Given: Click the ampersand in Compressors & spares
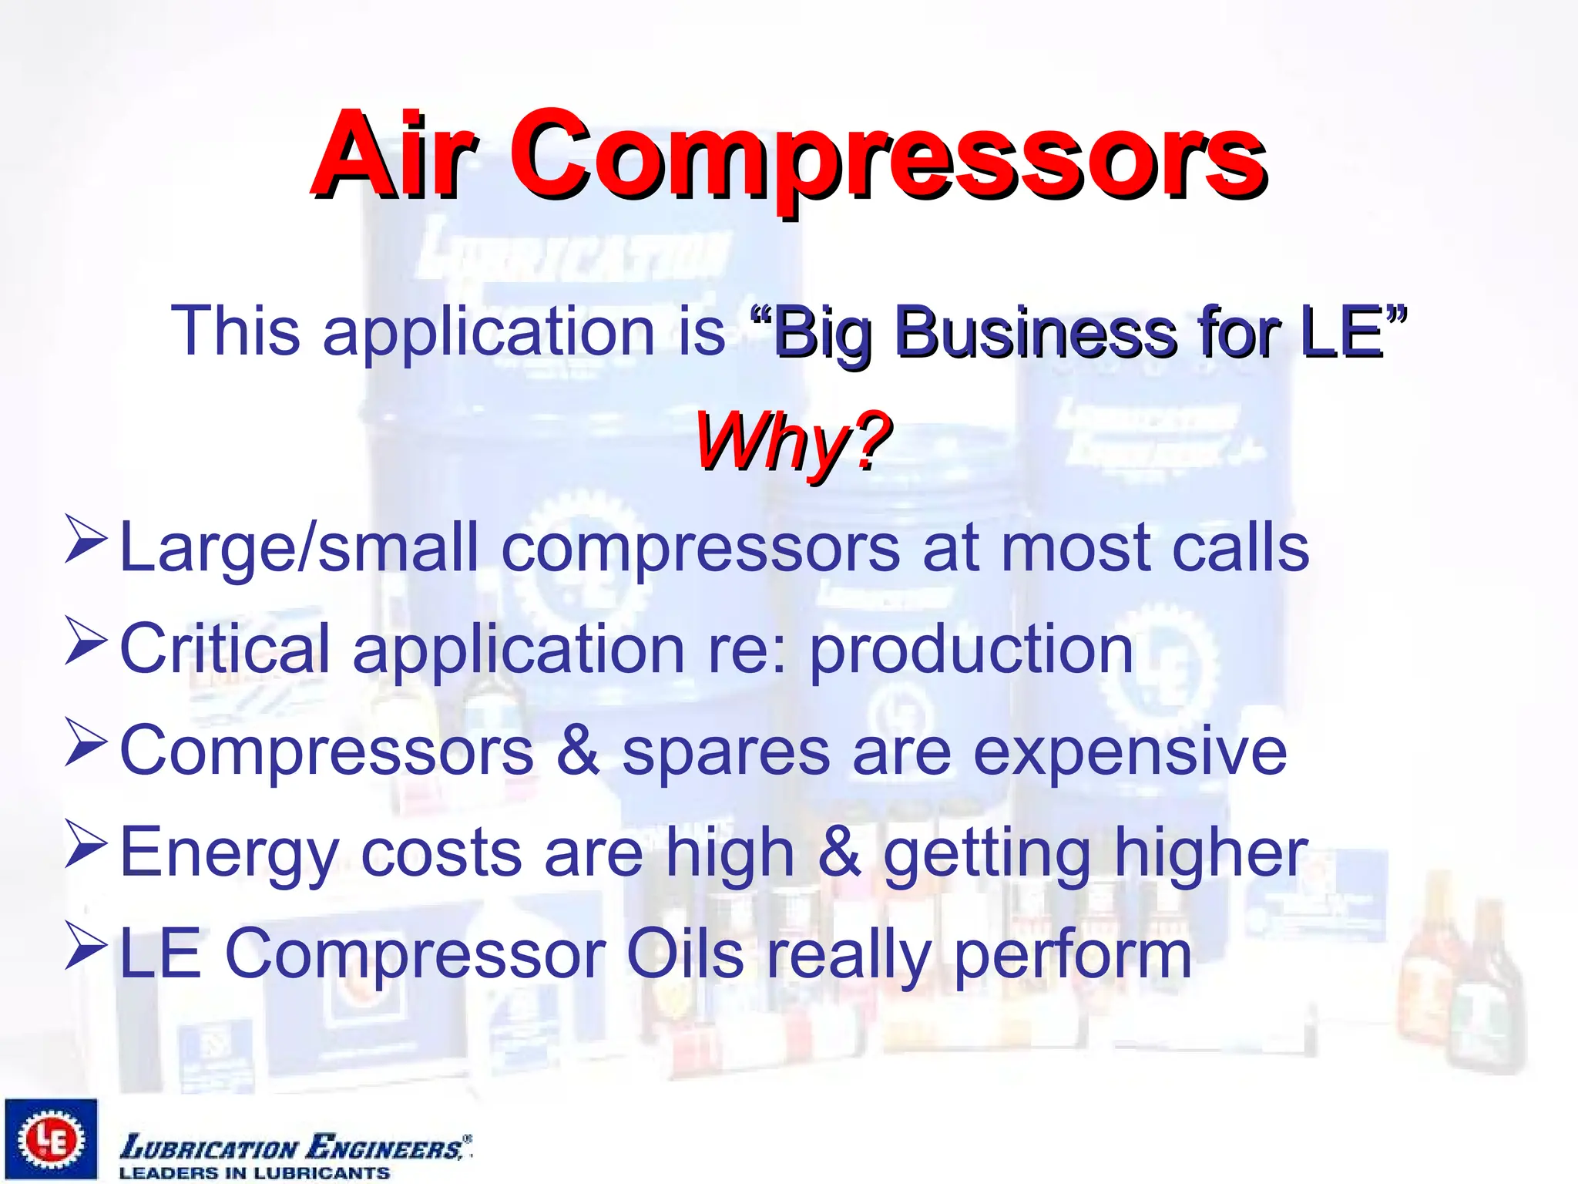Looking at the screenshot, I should [577, 751].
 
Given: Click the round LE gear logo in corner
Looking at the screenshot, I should [51, 1139].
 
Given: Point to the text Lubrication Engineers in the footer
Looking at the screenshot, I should [293, 1147].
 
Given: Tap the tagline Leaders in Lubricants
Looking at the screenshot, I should [254, 1173].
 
